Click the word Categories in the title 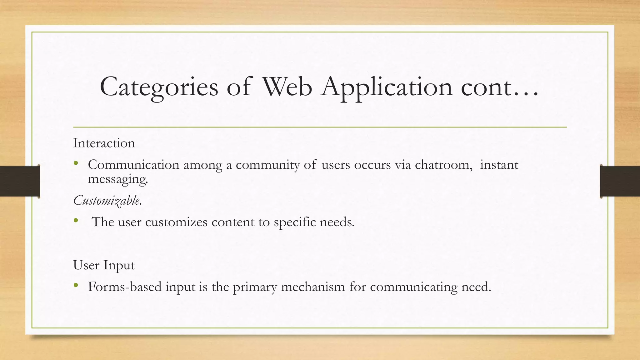(159, 87)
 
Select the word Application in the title (387, 87)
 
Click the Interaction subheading (104, 143)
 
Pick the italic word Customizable (107, 200)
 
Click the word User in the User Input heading (86, 265)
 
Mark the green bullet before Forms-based (76, 285)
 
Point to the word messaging (117, 179)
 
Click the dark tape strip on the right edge (620, 181)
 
